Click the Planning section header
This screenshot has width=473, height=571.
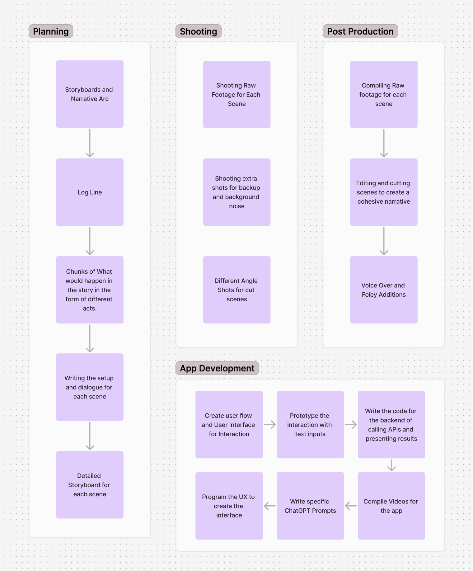51,31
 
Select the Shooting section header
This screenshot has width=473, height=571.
198,31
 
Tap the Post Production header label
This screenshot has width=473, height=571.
360,31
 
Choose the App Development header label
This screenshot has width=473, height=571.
217,368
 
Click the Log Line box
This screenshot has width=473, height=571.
90,192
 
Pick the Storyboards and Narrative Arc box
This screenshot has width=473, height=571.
90,94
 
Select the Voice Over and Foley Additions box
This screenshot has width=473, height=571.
384,290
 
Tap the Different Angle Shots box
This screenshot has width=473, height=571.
236,290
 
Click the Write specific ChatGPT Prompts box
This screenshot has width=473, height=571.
310,506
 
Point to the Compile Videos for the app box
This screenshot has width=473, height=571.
391,506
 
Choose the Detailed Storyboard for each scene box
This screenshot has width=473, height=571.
90,485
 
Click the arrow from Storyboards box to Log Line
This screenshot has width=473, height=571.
90,143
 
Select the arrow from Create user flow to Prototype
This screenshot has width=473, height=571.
270,425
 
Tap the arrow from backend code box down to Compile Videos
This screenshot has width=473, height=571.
391,465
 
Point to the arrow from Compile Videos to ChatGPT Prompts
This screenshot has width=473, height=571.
351,506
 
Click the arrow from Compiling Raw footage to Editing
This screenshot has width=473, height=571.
384,143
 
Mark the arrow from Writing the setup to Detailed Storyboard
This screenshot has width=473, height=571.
90,436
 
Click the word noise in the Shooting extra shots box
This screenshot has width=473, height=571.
236,206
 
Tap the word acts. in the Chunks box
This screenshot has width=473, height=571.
90,308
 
